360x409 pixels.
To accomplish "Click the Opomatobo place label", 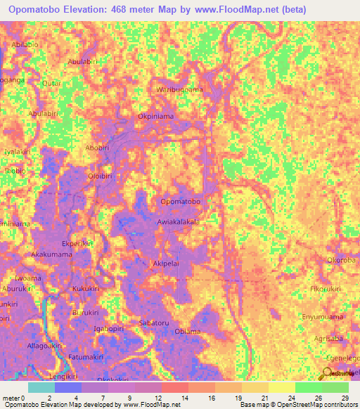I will click(x=181, y=202).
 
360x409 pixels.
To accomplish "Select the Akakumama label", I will click(x=52, y=254).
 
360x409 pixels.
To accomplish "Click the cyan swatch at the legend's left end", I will click(x=41, y=387).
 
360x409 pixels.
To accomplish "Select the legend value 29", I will click(x=344, y=398).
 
